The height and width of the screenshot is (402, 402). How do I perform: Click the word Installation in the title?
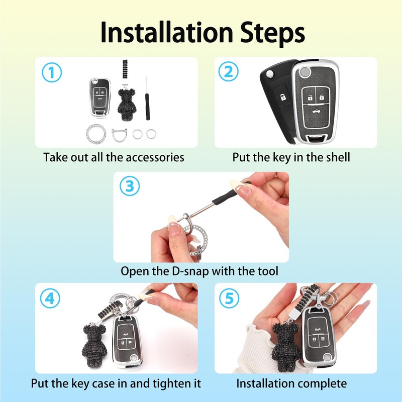click(x=167, y=32)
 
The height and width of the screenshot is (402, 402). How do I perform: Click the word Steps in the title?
click(x=272, y=33)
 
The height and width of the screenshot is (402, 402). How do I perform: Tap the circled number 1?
click(x=52, y=72)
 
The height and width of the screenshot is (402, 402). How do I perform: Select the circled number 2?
click(x=228, y=71)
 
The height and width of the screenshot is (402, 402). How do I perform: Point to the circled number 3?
click(x=130, y=186)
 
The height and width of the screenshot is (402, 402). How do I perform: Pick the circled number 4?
click(x=50, y=298)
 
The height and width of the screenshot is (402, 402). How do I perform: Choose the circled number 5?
click(x=229, y=298)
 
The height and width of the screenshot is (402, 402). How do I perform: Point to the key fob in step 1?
click(x=100, y=98)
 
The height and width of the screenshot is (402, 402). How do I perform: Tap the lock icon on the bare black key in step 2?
click(x=283, y=97)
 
